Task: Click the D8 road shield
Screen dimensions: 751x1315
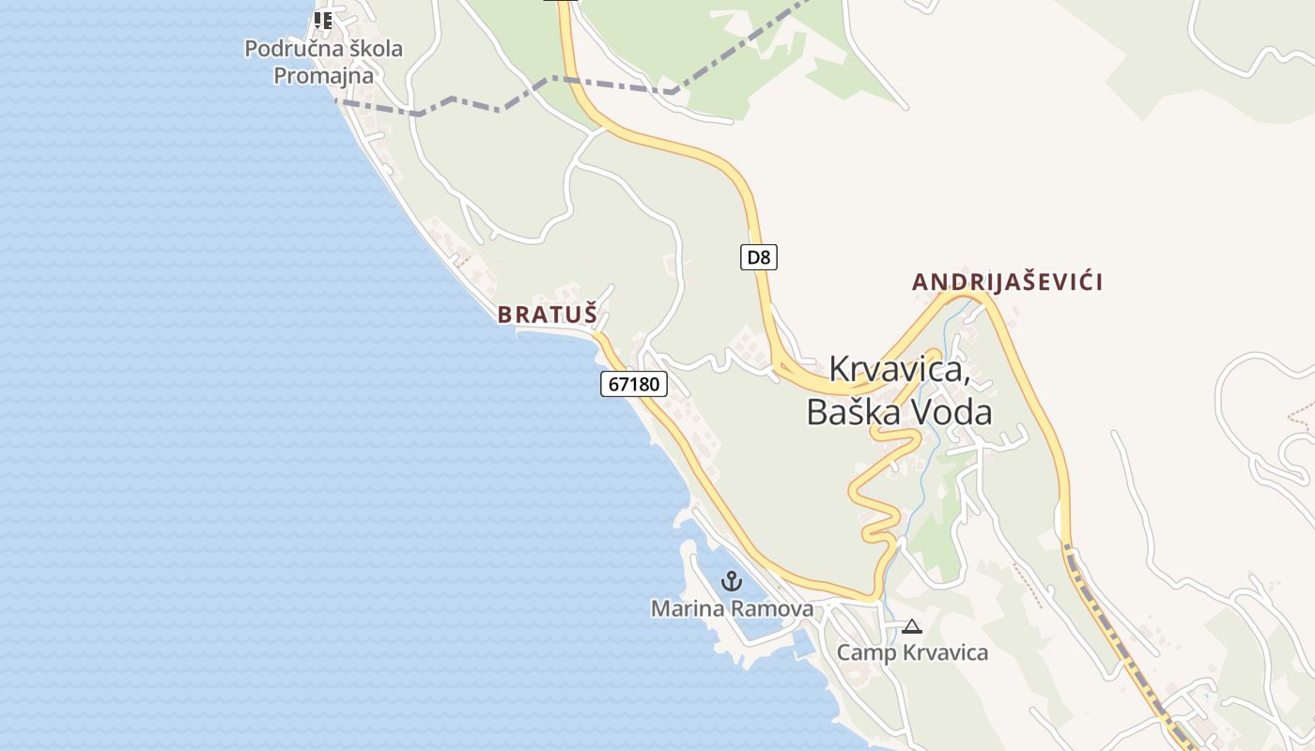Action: [x=758, y=257]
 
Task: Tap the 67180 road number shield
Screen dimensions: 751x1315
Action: [x=634, y=383]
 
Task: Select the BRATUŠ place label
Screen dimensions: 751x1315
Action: [x=547, y=314]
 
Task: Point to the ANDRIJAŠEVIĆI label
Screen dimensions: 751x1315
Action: [x=1007, y=282]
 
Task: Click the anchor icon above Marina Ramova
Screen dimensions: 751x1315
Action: [x=731, y=582]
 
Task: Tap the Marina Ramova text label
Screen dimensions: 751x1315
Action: [x=732, y=609]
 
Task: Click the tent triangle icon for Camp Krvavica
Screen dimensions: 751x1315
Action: [x=911, y=626]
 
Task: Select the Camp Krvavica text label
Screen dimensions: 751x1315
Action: [x=912, y=651]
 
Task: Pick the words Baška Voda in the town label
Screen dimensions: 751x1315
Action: [x=899, y=412]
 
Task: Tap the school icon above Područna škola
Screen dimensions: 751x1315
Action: [x=323, y=20]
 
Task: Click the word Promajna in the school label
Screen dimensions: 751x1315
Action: [x=323, y=76]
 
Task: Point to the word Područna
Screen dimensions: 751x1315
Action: [x=291, y=49]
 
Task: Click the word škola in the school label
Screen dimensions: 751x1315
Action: [x=373, y=49]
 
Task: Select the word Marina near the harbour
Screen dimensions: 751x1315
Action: [x=684, y=609]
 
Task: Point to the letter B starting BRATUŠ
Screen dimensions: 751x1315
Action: [x=504, y=314]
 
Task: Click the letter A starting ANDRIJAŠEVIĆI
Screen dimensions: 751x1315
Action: [x=920, y=282]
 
